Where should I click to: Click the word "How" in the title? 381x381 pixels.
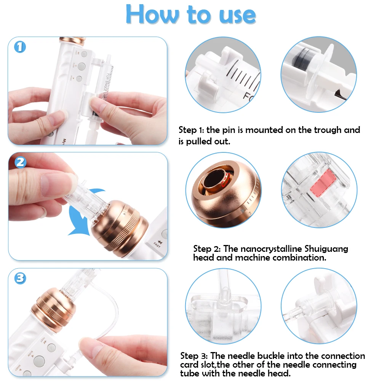(x=152, y=14)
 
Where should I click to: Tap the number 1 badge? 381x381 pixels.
(x=20, y=47)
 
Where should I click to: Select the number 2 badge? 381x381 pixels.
(x=21, y=162)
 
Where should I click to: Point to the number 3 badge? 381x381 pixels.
(x=20, y=278)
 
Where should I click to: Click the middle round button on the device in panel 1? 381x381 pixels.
(x=82, y=66)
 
